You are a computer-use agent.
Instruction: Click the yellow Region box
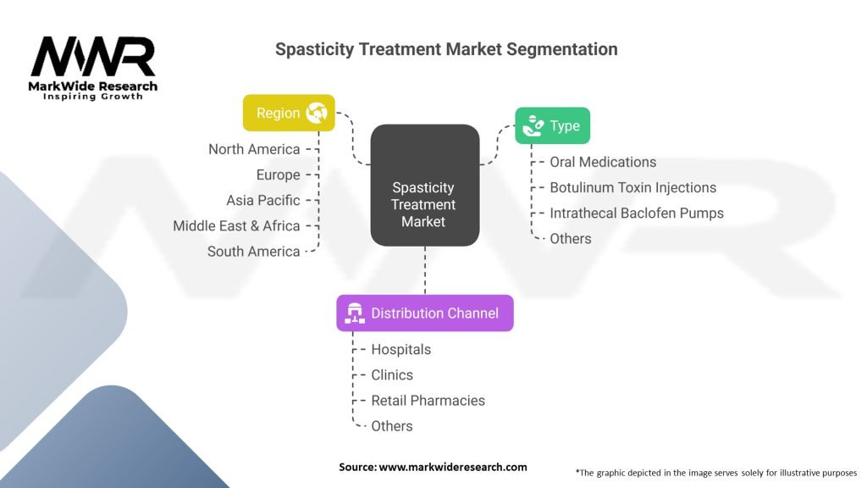(289, 113)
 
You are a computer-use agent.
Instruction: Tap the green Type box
(552, 125)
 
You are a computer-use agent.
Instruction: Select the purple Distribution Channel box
(425, 313)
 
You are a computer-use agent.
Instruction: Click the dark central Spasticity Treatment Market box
(425, 186)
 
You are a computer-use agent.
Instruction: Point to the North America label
(254, 149)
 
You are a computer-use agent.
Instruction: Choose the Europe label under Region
(278, 175)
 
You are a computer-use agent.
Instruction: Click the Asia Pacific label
(263, 200)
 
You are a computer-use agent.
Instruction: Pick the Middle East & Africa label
(236, 225)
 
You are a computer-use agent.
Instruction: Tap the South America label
(253, 251)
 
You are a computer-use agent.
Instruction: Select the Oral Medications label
(603, 162)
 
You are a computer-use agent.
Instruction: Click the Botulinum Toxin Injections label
(632, 187)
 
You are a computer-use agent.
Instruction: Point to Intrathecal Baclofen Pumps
(637, 213)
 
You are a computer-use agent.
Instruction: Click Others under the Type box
(570, 238)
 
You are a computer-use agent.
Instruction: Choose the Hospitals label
(400, 350)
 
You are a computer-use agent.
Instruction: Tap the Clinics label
(392, 375)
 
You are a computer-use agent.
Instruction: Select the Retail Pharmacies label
(428, 401)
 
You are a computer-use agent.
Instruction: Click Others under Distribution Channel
(392, 426)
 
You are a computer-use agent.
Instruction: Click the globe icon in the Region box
(317, 113)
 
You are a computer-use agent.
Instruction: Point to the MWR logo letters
(93, 57)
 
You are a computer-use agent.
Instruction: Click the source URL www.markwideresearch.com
(453, 467)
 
